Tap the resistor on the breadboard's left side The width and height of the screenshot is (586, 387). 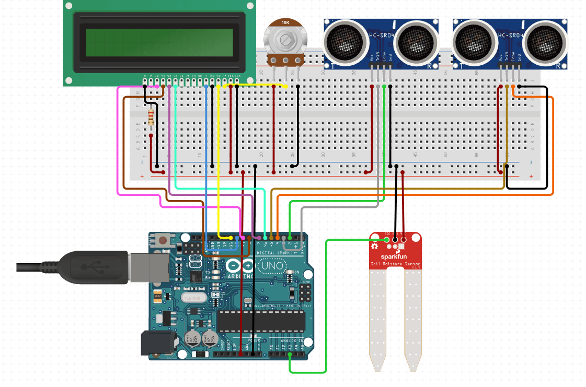point(151,116)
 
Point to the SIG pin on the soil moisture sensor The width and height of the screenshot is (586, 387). point(387,240)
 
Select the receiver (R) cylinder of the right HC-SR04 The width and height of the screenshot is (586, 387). point(545,41)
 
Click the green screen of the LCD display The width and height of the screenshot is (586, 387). point(159,42)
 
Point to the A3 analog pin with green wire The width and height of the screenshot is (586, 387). point(290,354)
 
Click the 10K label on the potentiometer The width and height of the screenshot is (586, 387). point(285,23)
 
